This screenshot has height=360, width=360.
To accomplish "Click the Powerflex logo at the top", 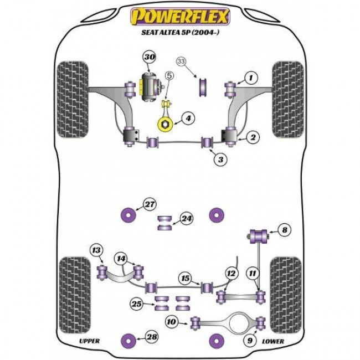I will (x=179, y=17).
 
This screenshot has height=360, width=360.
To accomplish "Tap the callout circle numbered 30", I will (x=148, y=57).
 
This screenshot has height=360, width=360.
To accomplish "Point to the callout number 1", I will (x=251, y=78).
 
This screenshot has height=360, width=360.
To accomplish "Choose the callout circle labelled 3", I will (x=220, y=160).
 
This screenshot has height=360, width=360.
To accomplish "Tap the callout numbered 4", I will (x=188, y=118).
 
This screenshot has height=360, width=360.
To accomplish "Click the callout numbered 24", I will (x=187, y=219).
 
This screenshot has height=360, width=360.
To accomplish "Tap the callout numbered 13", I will (x=96, y=251).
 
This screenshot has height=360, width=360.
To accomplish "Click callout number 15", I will (x=184, y=279).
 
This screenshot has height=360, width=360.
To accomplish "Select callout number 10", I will (x=172, y=320).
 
